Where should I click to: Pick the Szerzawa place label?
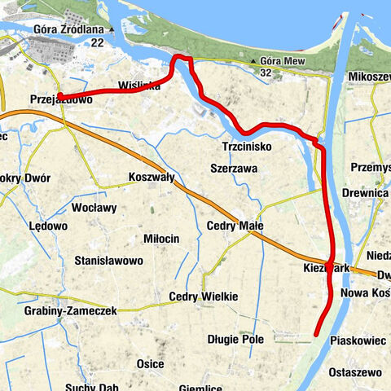click(234, 168)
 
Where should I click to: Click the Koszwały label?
click(152, 177)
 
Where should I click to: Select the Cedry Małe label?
click(229, 226)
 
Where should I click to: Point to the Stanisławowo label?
click(108, 261)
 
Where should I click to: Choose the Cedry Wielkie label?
click(204, 297)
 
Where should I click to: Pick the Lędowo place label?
click(47, 226)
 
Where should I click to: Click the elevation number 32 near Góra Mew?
click(266, 72)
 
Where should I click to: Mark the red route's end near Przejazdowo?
click(59, 98)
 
